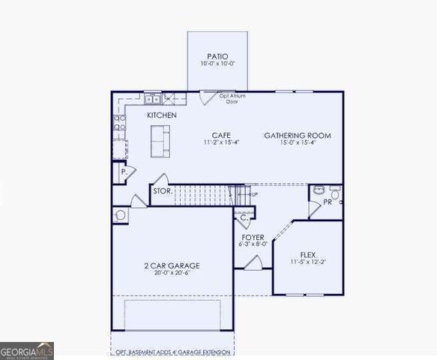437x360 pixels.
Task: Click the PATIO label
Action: [x=217, y=56]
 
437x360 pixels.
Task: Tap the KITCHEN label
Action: [x=162, y=115]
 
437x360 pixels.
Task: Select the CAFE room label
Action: [x=220, y=135]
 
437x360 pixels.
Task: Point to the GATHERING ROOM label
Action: [x=298, y=136]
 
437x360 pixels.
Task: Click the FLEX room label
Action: [x=308, y=254]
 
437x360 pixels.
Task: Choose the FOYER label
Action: [x=252, y=236]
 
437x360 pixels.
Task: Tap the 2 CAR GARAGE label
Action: [x=172, y=265]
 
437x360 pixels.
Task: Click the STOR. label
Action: [x=163, y=191]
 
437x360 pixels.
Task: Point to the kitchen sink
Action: [x=152, y=98]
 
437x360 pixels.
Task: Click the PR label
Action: [x=328, y=202]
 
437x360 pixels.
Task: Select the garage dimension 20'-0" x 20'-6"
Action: [x=172, y=274]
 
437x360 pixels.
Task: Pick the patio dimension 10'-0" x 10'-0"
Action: [x=217, y=64]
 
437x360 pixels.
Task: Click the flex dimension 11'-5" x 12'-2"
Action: [x=308, y=262]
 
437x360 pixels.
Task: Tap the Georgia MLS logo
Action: [x=26, y=350]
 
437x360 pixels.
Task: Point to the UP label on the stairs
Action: [x=255, y=194]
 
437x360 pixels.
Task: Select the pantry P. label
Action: [x=123, y=172]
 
